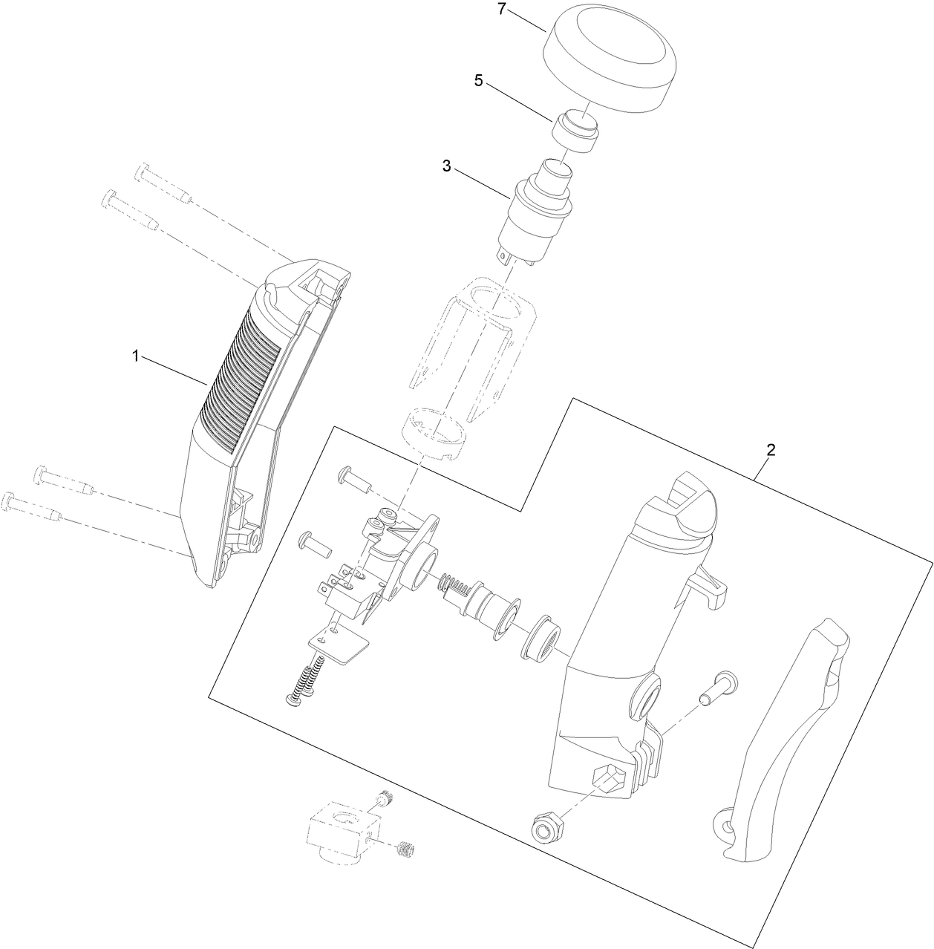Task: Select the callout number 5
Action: click(x=479, y=81)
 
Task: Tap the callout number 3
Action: click(x=447, y=166)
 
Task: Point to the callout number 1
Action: click(x=136, y=356)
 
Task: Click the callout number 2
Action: click(x=771, y=449)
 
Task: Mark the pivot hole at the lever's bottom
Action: click(x=725, y=823)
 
